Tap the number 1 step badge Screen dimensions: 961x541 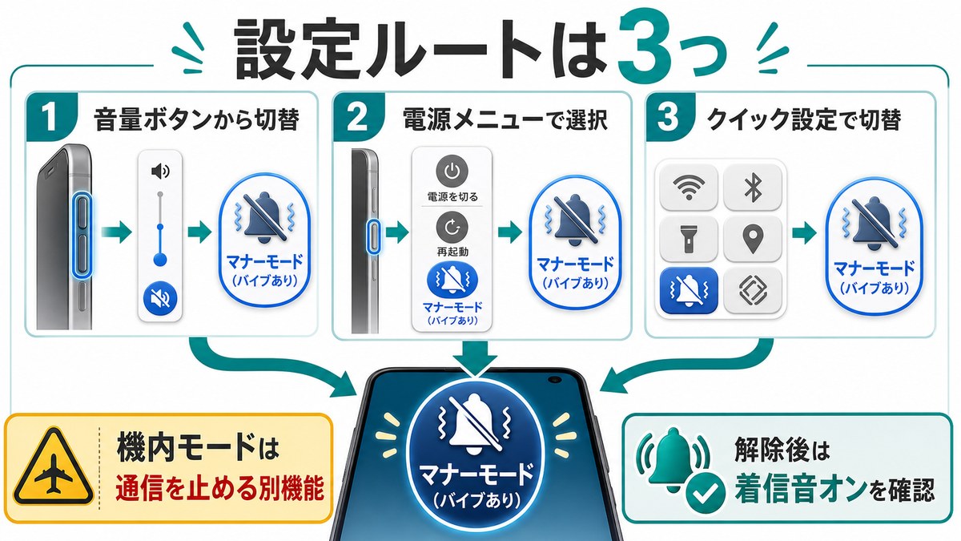(x=51, y=117)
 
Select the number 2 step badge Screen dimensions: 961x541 (x=359, y=117)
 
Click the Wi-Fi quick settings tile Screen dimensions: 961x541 (x=688, y=187)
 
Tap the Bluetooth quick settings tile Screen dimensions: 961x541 (x=753, y=187)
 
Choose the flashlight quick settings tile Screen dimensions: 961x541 (x=688, y=239)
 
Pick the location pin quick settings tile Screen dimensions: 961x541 (x=753, y=239)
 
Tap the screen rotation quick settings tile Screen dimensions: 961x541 (x=753, y=290)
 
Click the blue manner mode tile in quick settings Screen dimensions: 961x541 (x=688, y=290)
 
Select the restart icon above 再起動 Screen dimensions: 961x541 (x=452, y=228)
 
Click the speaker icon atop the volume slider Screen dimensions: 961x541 (x=160, y=172)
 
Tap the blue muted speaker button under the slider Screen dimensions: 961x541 (x=160, y=297)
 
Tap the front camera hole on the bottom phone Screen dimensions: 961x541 (x=554, y=380)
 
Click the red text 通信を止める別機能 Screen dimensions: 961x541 (x=219, y=489)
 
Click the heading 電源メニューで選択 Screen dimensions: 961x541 (x=505, y=119)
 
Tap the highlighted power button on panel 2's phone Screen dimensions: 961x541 (x=374, y=237)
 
